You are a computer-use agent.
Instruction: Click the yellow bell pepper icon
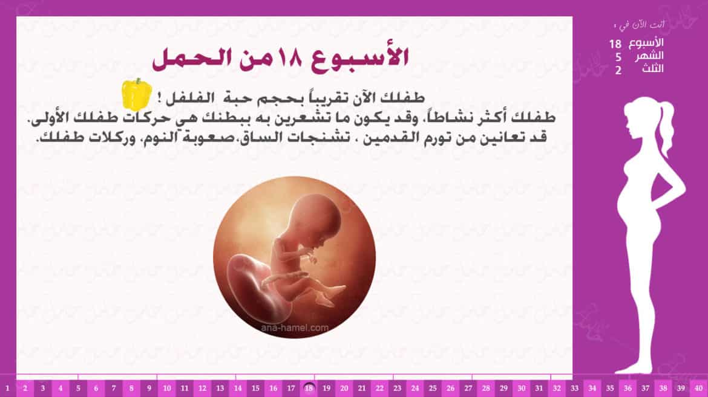tap(136, 94)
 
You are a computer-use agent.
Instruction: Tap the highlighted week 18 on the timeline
tap(309, 388)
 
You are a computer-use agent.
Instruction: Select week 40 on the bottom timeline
tap(698, 388)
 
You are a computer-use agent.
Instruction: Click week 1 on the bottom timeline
tap(7, 388)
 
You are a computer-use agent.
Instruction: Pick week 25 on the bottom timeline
tap(433, 388)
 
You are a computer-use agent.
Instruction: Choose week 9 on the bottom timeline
tap(149, 388)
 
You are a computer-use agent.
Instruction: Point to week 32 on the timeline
tap(557, 388)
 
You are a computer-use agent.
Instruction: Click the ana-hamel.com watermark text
tap(295, 328)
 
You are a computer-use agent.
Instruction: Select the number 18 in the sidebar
tap(615, 44)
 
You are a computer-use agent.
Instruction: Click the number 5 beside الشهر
tap(618, 57)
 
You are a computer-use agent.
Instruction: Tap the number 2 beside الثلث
tap(618, 70)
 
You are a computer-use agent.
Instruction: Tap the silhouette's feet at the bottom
tap(632, 369)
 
